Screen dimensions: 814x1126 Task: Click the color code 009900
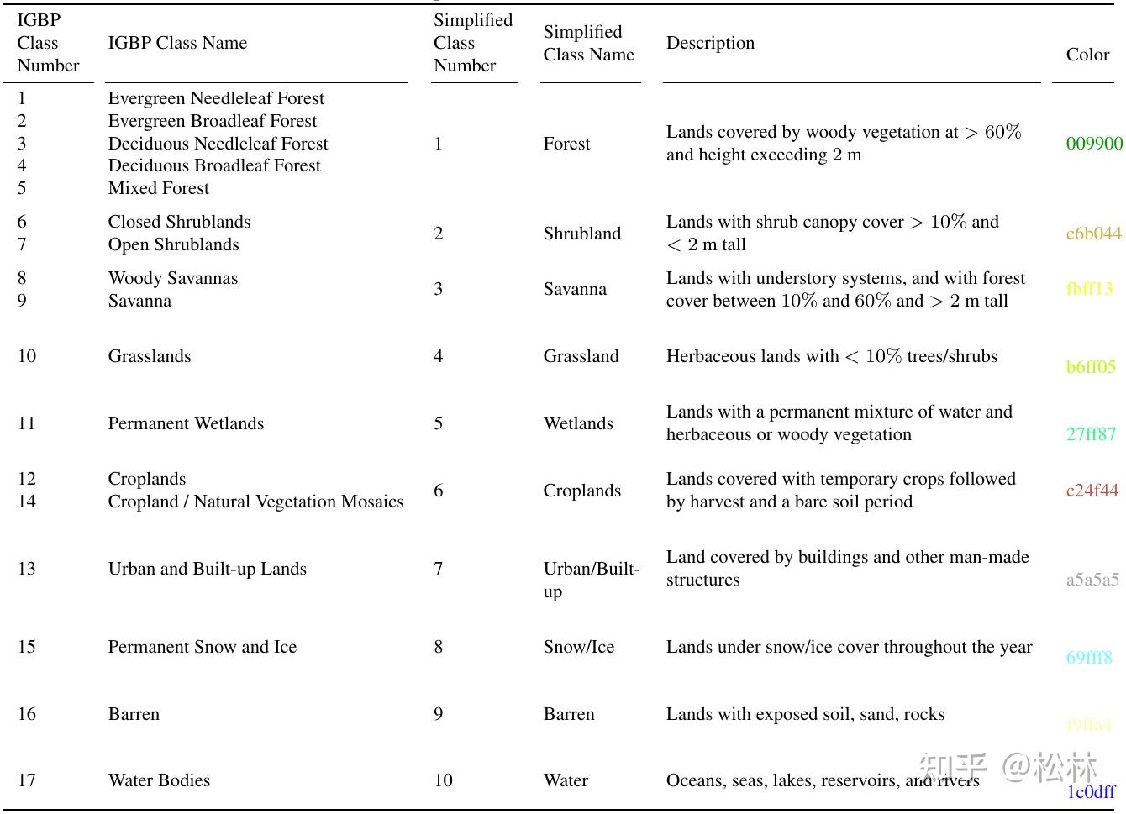(1093, 144)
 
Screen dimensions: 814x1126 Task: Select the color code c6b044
(1093, 234)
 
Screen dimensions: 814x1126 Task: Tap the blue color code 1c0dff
(1091, 791)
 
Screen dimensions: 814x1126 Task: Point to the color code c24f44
(1092, 491)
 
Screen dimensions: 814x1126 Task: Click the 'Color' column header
(1087, 55)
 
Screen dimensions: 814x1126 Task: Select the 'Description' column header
(710, 43)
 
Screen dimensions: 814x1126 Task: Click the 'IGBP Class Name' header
(177, 43)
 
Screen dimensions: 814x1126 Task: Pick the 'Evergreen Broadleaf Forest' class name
(213, 121)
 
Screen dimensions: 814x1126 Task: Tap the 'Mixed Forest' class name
(159, 188)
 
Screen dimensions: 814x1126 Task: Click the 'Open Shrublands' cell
(173, 244)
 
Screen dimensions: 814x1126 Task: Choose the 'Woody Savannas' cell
(173, 278)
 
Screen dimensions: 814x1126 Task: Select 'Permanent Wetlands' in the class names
(186, 423)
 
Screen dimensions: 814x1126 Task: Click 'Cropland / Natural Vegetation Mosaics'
(255, 502)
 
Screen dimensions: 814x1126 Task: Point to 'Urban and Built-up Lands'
(208, 569)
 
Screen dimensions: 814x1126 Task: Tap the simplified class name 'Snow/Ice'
(579, 647)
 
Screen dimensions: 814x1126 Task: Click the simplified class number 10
(443, 780)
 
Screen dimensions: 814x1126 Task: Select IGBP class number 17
(27, 780)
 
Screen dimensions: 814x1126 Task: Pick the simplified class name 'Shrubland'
(582, 234)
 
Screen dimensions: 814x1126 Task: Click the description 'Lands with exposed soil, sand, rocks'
(805, 714)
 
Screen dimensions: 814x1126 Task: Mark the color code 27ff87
(1091, 434)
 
